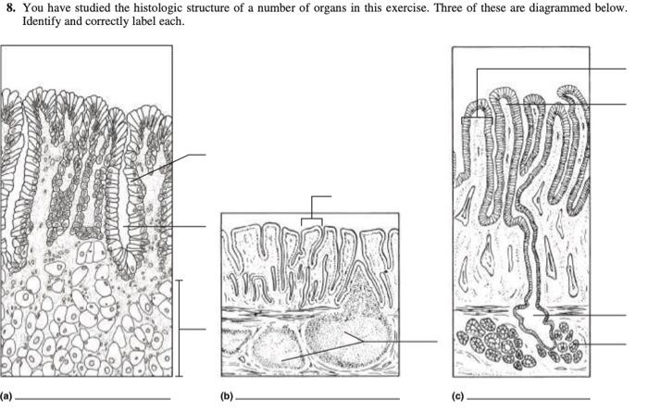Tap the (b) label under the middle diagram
point(228,397)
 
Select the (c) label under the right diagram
point(458,397)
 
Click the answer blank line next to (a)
point(93,399)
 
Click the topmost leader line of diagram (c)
point(555,69)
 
